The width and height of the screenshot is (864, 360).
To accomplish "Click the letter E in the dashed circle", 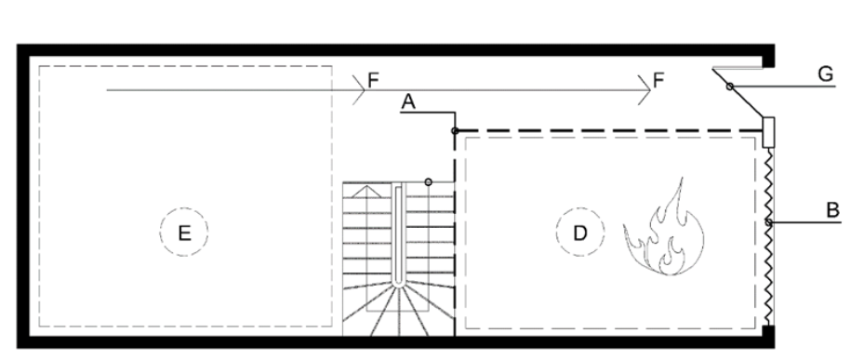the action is tap(184, 233).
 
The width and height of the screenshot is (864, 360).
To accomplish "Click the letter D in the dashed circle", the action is tap(580, 233).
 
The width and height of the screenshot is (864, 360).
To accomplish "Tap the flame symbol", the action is tap(664, 231).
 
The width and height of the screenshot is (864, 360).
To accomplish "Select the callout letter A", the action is tap(407, 102).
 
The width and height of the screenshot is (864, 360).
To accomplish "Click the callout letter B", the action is tap(832, 210).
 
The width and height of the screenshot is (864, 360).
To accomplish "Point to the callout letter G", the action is tap(826, 73).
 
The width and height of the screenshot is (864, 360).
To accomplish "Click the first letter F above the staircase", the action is tap(373, 81).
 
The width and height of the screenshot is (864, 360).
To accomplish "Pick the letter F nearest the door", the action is tap(658, 81).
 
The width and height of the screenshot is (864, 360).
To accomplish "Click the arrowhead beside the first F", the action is tap(359, 89).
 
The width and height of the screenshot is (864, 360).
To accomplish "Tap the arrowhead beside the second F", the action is tap(645, 89).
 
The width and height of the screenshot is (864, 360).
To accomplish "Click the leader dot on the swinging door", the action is tap(729, 87).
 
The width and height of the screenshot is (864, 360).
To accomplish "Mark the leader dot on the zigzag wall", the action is tap(769, 222).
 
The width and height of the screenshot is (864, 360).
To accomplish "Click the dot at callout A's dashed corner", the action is tap(455, 130).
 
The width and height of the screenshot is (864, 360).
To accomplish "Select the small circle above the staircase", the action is tap(428, 182).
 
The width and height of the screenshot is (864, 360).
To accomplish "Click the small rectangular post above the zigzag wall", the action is tap(768, 132).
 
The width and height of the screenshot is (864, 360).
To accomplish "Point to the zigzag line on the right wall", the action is tap(770, 236).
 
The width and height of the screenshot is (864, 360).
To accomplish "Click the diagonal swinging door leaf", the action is tap(738, 94).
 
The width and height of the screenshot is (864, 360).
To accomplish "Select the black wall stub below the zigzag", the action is tap(769, 337).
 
